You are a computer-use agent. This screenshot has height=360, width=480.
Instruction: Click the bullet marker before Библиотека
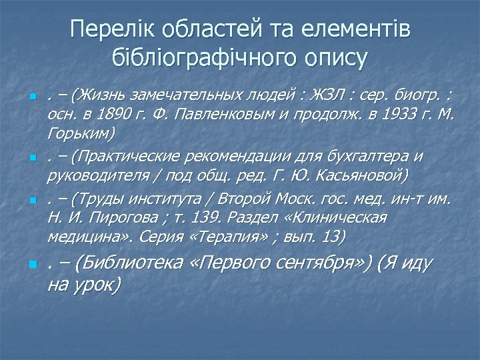(31, 265)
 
